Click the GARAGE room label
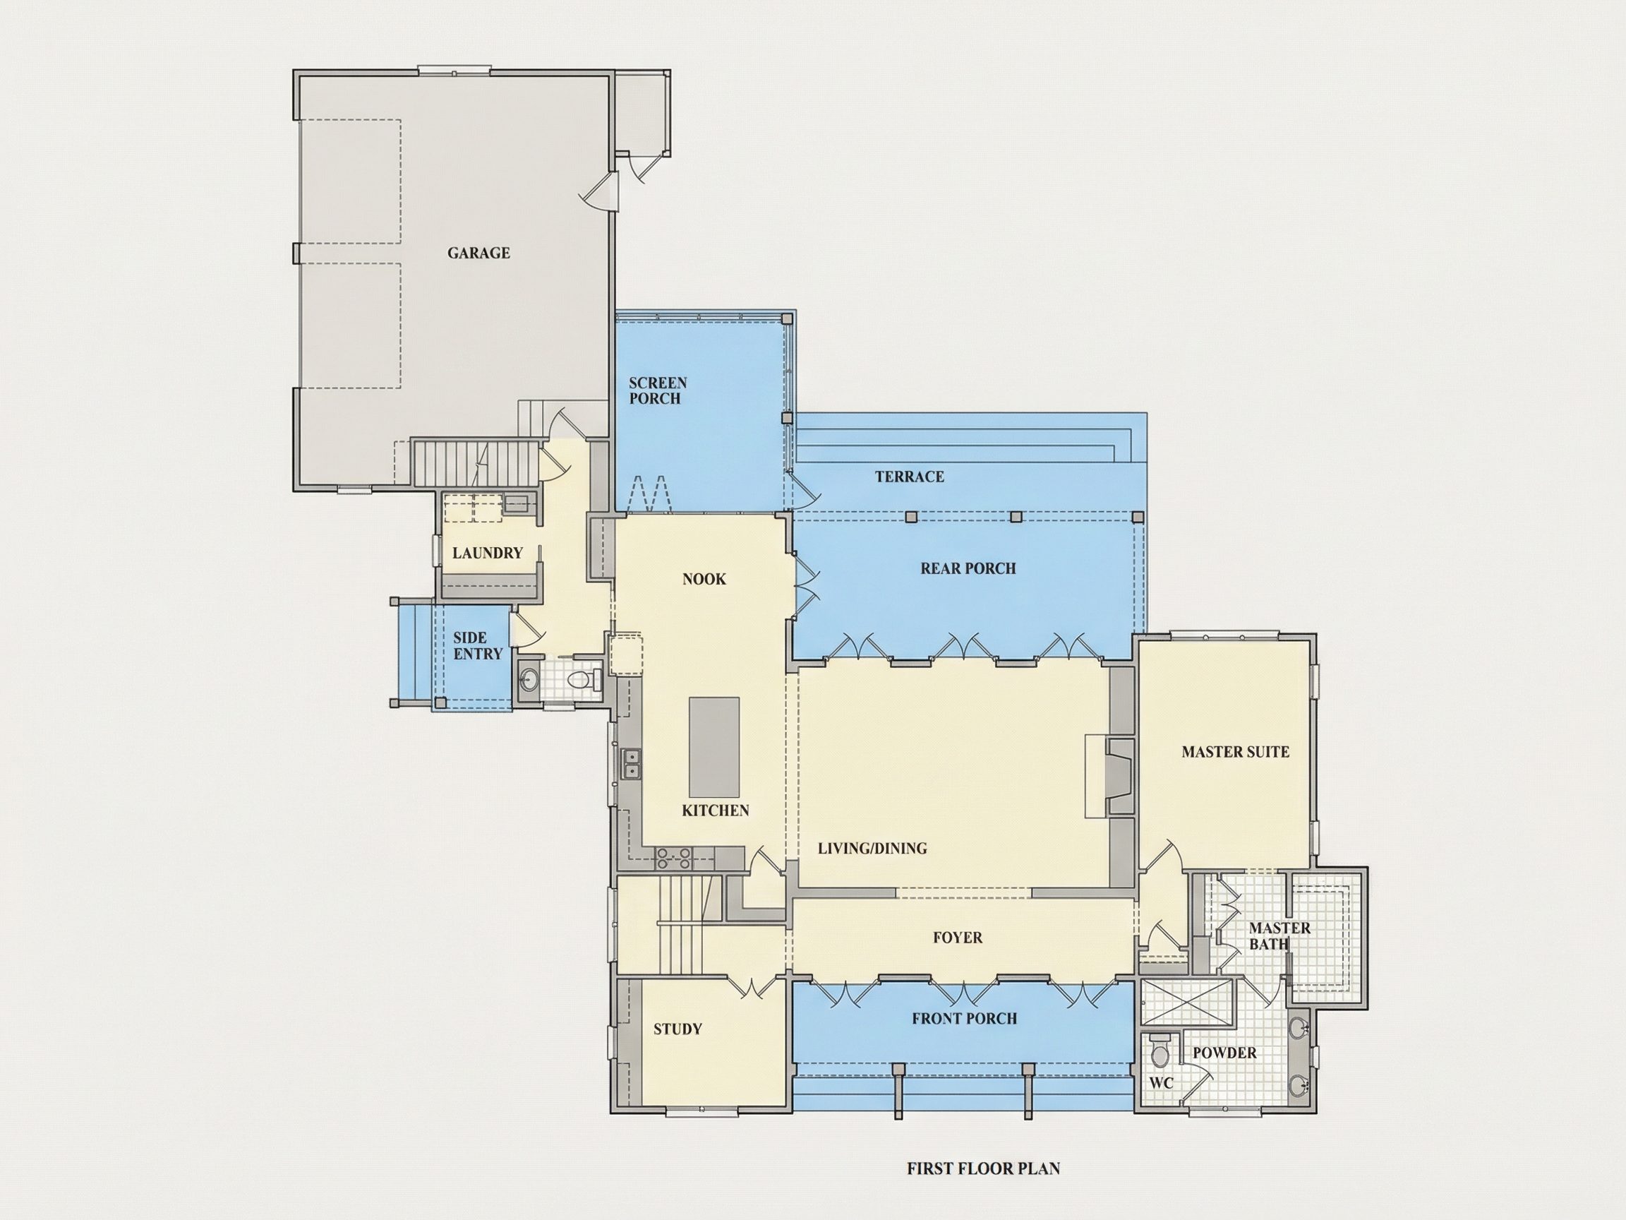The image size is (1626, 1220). point(478,253)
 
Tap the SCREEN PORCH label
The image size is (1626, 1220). point(658,390)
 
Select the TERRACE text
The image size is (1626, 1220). point(909,477)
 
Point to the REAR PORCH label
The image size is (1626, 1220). point(968,568)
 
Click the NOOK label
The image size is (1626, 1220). point(704,580)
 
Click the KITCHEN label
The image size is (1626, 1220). point(715,811)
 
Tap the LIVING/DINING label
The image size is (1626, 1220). point(872,849)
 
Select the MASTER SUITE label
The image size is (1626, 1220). point(1236,752)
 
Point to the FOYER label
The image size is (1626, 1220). point(958,938)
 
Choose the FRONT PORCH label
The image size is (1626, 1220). point(965,1019)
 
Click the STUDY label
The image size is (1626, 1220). point(677,1029)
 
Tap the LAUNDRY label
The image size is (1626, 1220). point(488,553)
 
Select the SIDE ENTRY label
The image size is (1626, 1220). point(478,646)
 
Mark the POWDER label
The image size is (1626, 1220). point(1224,1053)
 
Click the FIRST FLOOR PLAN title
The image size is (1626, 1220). point(984,1168)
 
